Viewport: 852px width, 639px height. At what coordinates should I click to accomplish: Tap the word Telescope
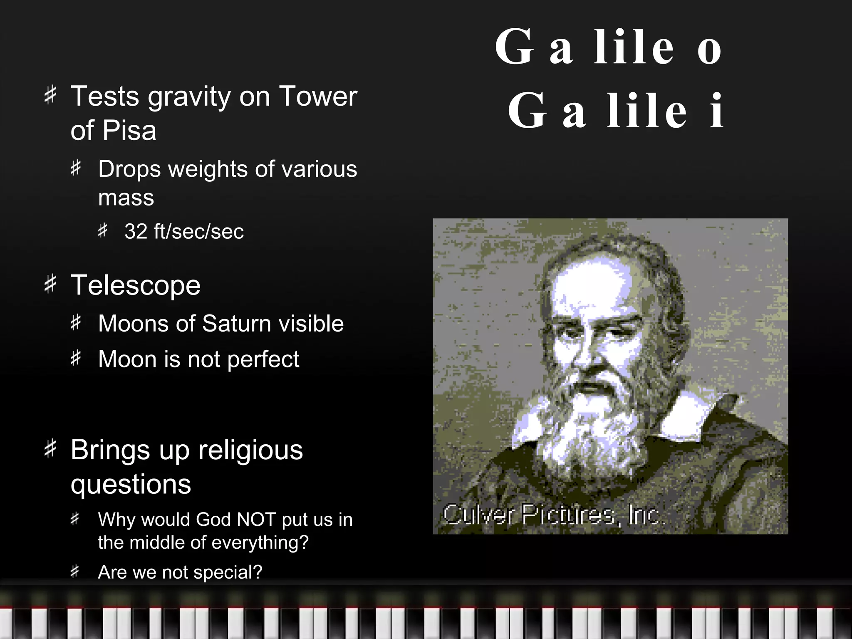pos(136,285)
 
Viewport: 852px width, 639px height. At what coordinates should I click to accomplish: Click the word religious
pos(250,451)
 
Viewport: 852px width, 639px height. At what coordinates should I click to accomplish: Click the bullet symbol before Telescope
pos(50,284)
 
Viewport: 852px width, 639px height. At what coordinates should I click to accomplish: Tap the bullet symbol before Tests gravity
pos(50,94)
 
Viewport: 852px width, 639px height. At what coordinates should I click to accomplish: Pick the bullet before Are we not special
pos(74,572)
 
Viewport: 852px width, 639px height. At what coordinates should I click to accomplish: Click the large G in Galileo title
pos(514,47)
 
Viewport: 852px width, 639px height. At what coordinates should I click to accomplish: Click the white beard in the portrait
pos(591,428)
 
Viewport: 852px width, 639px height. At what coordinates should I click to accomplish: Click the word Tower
pos(318,97)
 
